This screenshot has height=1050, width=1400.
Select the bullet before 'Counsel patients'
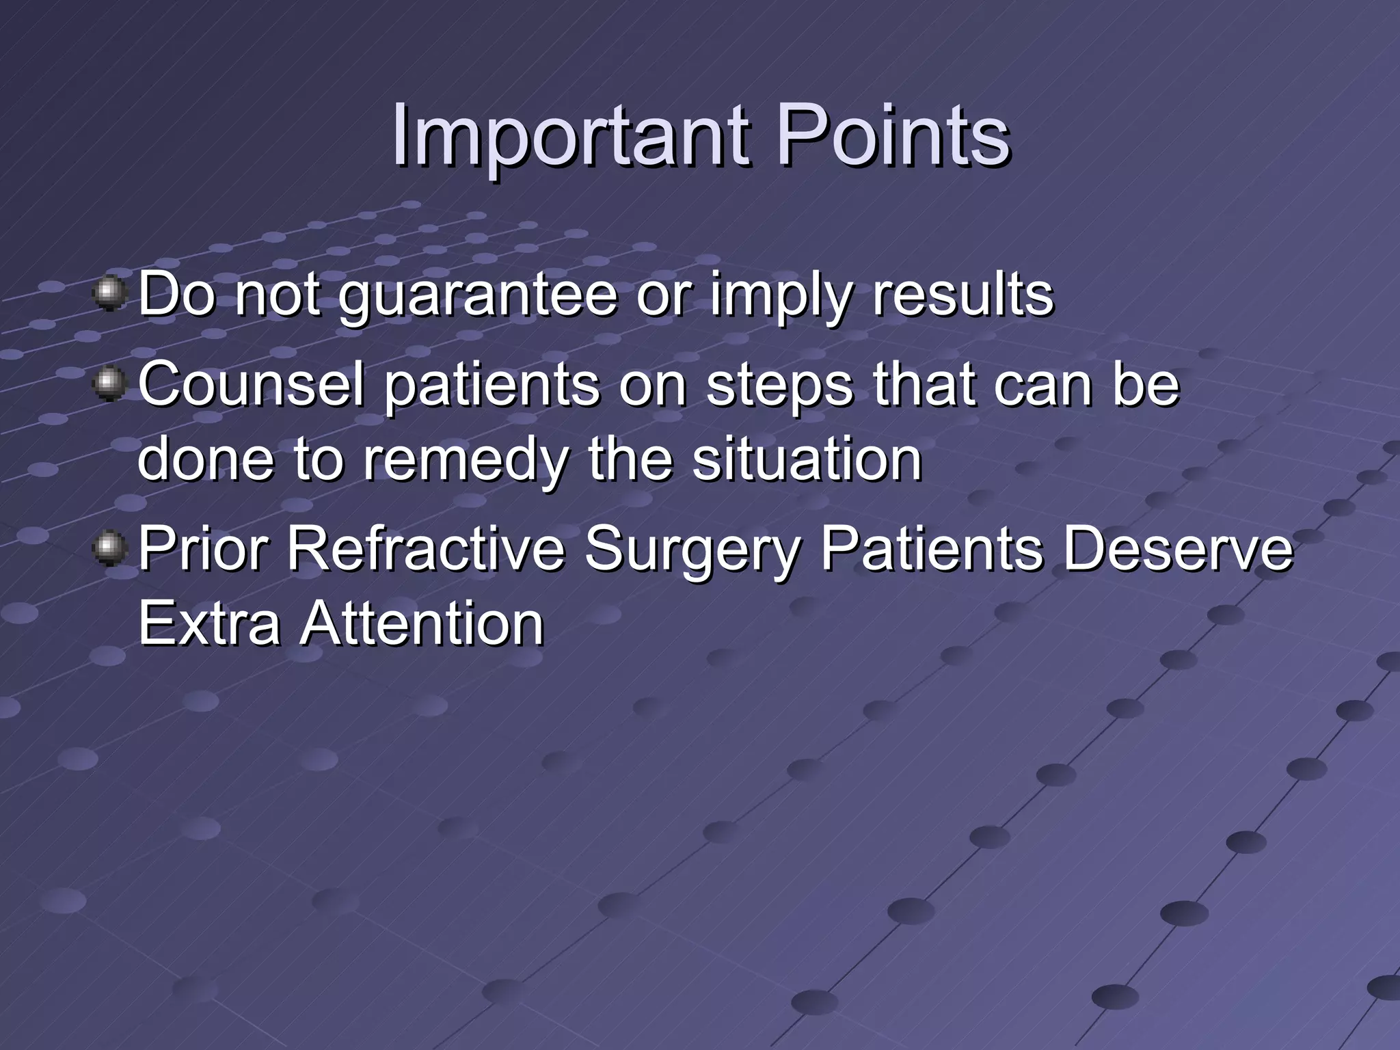(x=109, y=385)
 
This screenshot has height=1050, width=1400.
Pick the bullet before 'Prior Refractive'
(x=109, y=549)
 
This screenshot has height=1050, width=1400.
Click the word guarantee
(x=478, y=295)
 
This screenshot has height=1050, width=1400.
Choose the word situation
(x=807, y=459)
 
